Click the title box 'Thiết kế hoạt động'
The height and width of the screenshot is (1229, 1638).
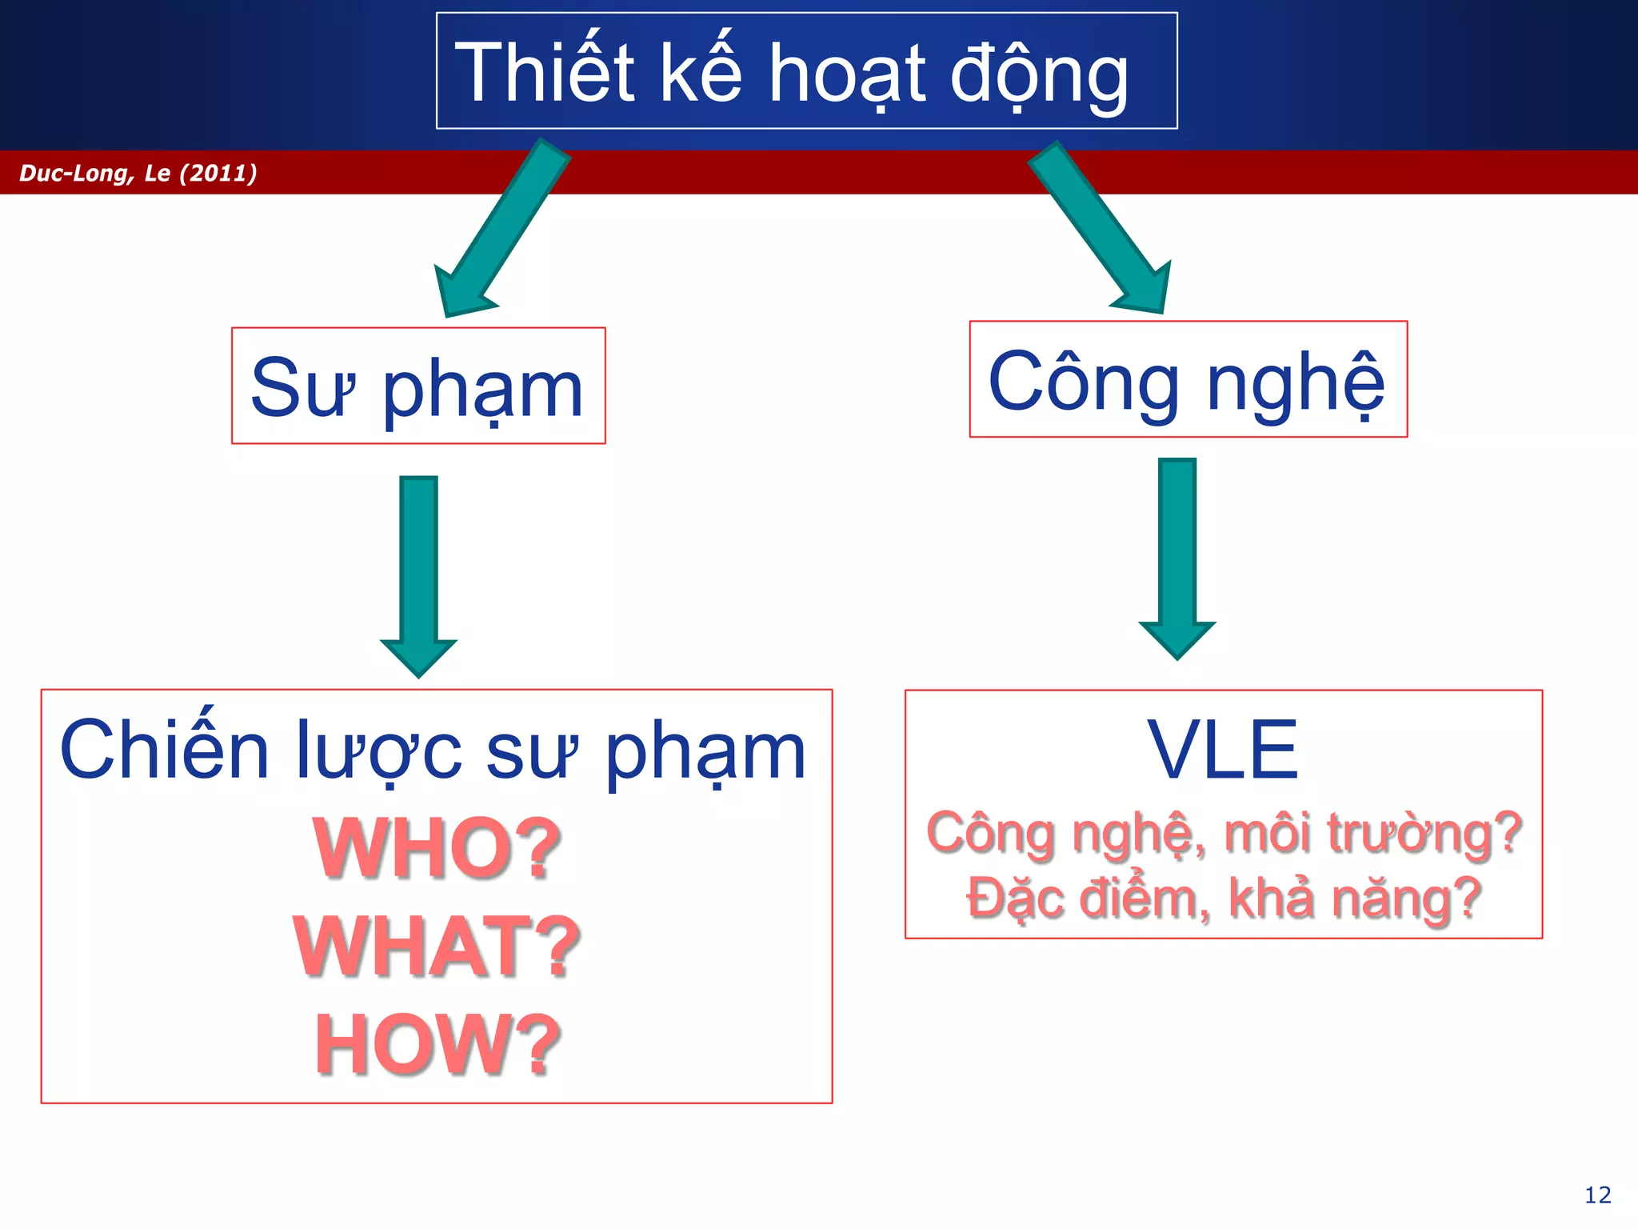pos(806,70)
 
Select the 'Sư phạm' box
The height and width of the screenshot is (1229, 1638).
pos(418,386)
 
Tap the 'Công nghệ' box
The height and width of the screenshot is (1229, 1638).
pos(1188,379)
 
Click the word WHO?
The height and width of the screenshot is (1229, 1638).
pos(437,848)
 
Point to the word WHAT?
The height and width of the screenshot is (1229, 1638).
pos(437,947)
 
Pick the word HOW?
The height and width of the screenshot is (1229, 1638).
pos(437,1044)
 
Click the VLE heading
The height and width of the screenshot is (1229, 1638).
pos(1223,750)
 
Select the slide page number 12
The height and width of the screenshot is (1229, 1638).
pos(1597,1195)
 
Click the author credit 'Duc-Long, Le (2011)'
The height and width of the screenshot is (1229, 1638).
pos(138,173)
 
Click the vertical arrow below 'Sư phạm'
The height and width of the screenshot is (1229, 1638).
pos(418,572)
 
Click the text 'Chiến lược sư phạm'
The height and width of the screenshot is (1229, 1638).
pos(433,750)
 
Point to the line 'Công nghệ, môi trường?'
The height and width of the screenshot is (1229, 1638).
pos(1223,833)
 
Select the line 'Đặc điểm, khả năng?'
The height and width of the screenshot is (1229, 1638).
pos(1223,898)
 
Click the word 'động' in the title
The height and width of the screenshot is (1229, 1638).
pos(1039,74)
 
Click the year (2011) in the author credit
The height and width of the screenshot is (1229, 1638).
pos(218,173)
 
